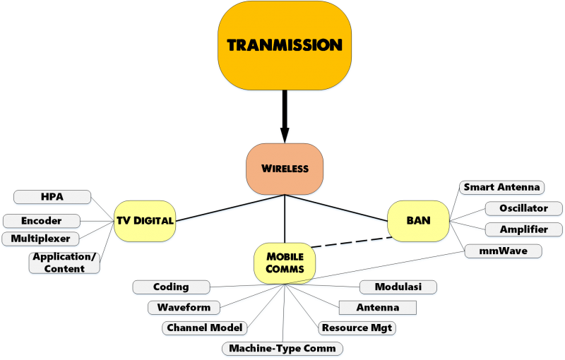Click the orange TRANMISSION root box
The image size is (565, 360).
pyautogui.click(x=285, y=45)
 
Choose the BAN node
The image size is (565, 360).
pyautogui.click(x=418, y=220)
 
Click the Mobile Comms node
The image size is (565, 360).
pyautogui.click(x=285, y=263)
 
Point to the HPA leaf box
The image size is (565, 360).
pyautogui.click(x=52, y=197)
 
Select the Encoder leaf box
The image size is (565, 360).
pyautogui.click(x=41, y=221)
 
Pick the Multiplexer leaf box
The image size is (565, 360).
pyautogui.click(x=40, y=239)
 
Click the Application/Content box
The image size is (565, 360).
pyautogui.click(x=64, y=263)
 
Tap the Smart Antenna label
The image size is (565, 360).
pyautogui.click(x=501, y=188)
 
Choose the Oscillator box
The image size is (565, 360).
pyautogui.click(x=523, y=209)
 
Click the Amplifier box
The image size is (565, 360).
pyautogui.click(x=523, y=230)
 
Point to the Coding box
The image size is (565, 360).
pyautogui.click(x=171, y=287)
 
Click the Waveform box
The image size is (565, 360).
pyautogui.click(x=184, y=308)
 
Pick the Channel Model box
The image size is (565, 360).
pyautogui.click(x=204, y=328)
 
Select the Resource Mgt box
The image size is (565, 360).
pyautogui.click(x=357, y=328)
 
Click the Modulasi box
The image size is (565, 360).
pyautogui.click(x=398, y=287)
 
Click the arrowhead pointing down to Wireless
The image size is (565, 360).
pyautogui.click(x=285, y=134)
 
